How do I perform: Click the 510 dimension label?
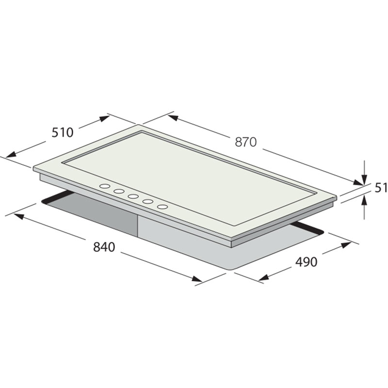tap(63, 132)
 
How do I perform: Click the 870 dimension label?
tap(246, 142)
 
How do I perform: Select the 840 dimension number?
tap(104, 247)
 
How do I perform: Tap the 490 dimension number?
tap(306, 262)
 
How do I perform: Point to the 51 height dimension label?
tap(381, 188)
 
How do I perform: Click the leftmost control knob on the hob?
tap(105, 186)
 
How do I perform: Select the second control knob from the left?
tap(119, 191)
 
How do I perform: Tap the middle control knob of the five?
tap(133, 196)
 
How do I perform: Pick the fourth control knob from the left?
tap(147, 201)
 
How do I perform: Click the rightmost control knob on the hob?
tap(162, 207)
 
